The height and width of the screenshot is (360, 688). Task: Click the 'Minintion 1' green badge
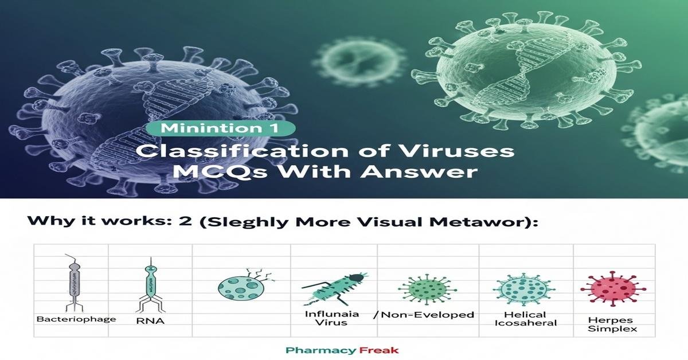click(x=220, y=128)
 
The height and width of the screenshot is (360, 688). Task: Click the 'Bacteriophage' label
click(x=76, y=319)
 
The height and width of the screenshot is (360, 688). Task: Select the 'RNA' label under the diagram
click(x=151, y=321)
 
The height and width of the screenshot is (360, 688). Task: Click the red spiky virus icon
click(x=611, y=285)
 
